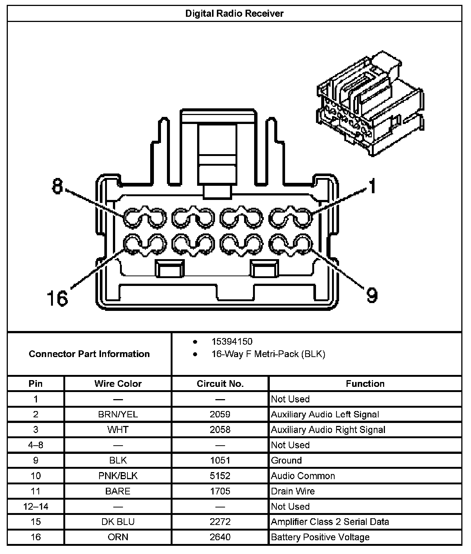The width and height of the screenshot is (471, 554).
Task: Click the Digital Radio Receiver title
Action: coord(234,14)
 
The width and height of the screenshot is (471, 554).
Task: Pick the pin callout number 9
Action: coord(372,295)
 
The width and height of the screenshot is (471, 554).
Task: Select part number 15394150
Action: coord(232,341)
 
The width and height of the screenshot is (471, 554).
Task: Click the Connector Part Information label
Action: coord(89,354)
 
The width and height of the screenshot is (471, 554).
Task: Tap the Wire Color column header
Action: coord(118,383)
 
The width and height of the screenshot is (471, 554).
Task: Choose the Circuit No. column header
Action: coord(220,383)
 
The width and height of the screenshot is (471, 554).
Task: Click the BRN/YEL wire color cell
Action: coord(118,414)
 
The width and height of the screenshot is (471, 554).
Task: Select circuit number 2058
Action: coord(220,430)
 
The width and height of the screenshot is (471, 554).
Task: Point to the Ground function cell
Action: coord(286,460)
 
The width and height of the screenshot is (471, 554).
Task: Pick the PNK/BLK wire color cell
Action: coord(118,476)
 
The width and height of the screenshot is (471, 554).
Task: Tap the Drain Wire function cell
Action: coord(293,491)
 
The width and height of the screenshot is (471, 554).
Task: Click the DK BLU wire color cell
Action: coord(118,522)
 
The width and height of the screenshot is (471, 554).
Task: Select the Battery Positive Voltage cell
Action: coord(320,537)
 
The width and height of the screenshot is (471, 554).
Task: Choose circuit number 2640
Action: coord(220,537)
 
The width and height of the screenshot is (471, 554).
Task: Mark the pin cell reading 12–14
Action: coord(36,506)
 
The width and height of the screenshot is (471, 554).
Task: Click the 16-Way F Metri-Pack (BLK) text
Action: coord(268,354)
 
